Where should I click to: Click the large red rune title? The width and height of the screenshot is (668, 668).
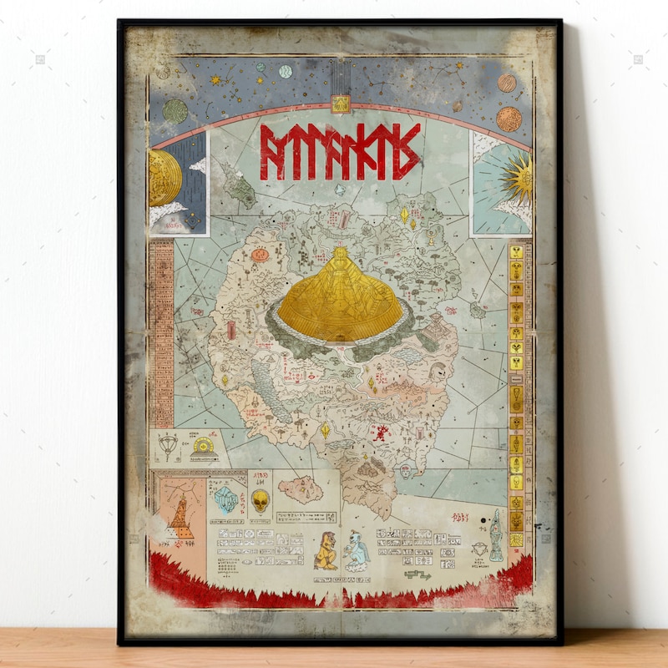[337, 152]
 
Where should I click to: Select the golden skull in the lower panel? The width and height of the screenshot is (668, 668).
[261, 501]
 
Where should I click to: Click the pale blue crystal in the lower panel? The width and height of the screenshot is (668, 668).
[226, 499]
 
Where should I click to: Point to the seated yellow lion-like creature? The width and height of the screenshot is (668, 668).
[326, 551]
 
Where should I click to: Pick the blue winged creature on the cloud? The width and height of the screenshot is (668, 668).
[356, 551]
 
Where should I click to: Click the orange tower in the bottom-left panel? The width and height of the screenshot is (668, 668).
[179, 518]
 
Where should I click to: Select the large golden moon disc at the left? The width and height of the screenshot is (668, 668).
[164, 178]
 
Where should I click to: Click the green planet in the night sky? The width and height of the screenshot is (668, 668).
[175, 110]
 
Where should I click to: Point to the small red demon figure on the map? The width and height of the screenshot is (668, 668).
[381, 433]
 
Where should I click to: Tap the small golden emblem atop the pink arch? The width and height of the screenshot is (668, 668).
[339, 104]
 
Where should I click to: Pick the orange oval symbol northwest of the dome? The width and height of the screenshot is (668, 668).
[260, 254]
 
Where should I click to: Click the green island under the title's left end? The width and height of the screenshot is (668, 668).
[239, 185]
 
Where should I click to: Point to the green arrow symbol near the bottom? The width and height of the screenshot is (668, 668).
[418, 574]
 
